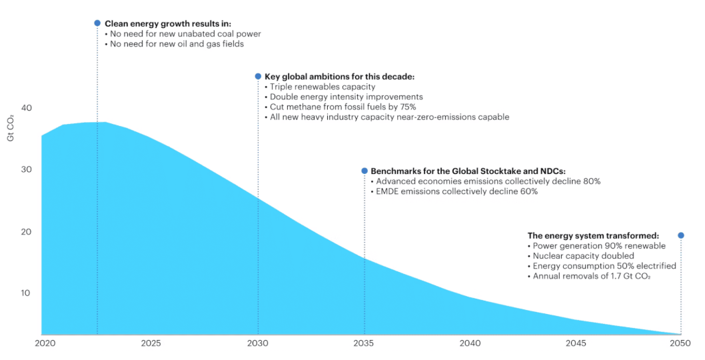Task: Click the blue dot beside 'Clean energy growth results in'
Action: tap(97, 23)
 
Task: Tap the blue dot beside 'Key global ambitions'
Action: tap(258, 76)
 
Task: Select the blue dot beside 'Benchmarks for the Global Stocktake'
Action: tap(364, 171)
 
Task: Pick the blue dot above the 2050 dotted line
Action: tap(680, 235)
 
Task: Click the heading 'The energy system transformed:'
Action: tap(593, 235)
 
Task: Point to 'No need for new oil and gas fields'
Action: tap(177, 44)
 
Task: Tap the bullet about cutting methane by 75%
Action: tap(343, 107)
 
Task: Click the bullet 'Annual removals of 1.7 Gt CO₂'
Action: tap(589, 276)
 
